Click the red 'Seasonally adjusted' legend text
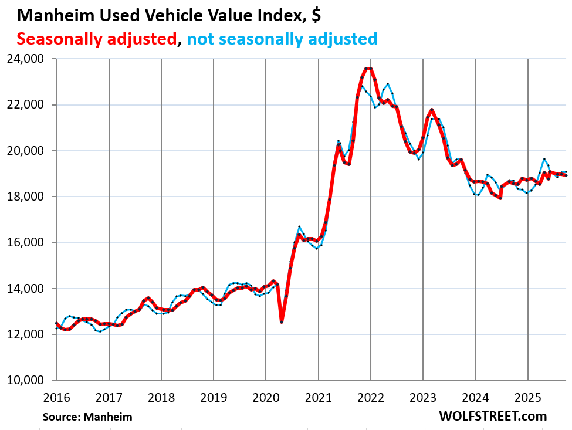tap(97, 39)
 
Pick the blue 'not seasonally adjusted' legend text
tap(282, 39)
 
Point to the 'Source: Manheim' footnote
tap(87, 417)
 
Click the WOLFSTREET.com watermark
tap(492, 416)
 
